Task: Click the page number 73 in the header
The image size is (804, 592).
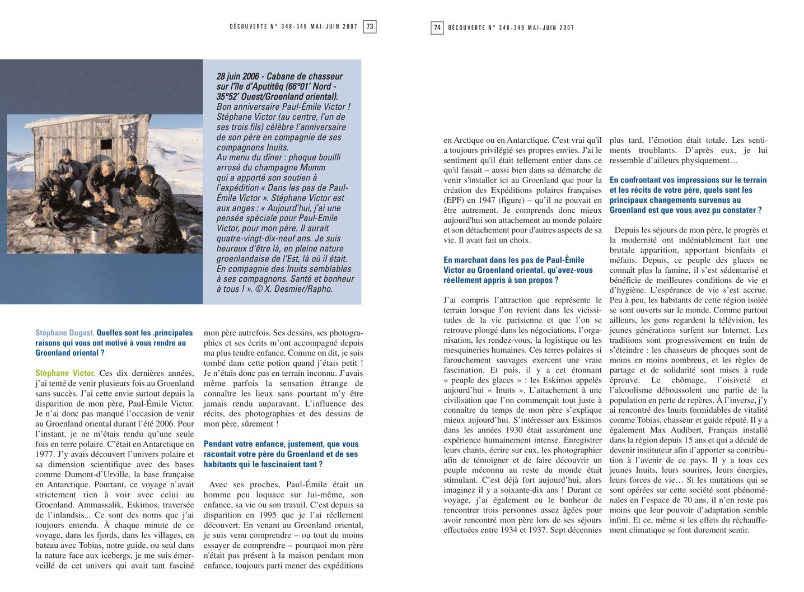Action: coord(370,27)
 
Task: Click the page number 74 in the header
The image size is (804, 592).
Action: coord(437,27)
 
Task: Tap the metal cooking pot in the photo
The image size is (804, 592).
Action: coord(100,234)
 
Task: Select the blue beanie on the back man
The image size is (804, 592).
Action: coord(67,152)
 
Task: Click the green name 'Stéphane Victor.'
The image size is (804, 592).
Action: coord(65,373)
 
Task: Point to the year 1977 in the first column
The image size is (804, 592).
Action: coord(44,454)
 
